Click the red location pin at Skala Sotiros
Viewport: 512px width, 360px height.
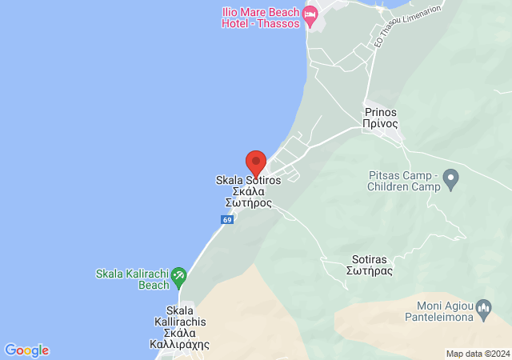pos(256,162)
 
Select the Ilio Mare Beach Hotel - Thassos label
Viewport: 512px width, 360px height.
pos(261,18)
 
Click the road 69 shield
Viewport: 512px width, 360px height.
pos(228,220)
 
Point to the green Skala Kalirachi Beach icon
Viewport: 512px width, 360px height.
pos(179,277)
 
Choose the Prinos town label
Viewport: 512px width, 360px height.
pos(381,118)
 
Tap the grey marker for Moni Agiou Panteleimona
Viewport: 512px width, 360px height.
pos(482,307)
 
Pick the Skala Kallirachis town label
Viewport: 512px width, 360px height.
pos(179,327)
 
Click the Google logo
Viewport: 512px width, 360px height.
pos(26,350)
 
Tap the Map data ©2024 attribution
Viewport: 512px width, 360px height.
pos(478,354)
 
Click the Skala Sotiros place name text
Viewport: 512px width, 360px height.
pos(249,181)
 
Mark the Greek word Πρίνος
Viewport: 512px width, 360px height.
pos(381,125)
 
